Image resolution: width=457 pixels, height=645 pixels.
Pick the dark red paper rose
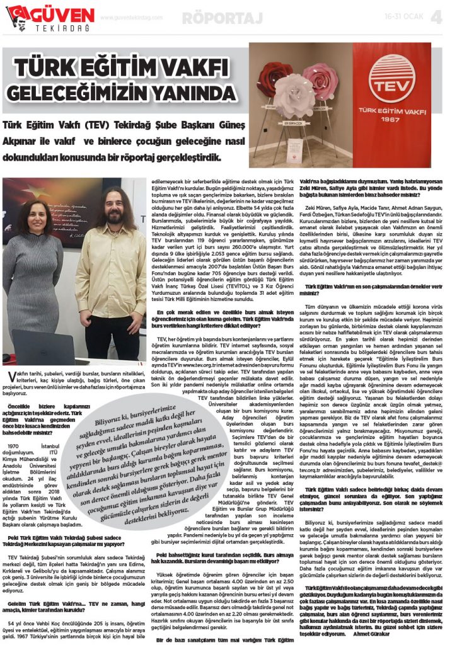pyautogui.click(x=272, y=74)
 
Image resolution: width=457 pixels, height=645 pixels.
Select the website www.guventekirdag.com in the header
pyautogui.click(x=130, y=18)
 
